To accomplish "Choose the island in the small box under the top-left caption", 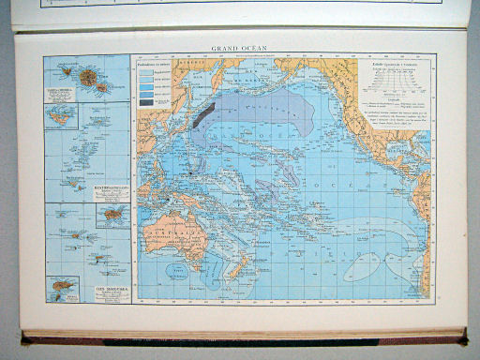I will [x=65, y=114].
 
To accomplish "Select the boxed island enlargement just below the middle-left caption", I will [x=112, y=215].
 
